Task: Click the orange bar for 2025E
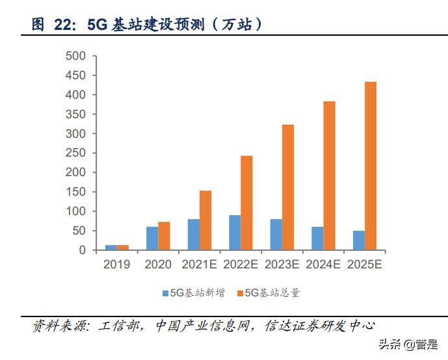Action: coord(371,166)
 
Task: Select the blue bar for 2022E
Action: coord(235,233)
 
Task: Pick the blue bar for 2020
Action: coord(152,238)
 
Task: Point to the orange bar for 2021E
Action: coord(205,220)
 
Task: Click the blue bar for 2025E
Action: coord(359,240)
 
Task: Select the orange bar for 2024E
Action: coord(329,175)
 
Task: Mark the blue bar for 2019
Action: coord(111,248)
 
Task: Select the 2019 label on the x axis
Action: coord(116,264)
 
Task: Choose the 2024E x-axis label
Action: coord(324,264)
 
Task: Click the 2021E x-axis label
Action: coord(200,264)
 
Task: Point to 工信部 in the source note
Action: coord(121,326)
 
